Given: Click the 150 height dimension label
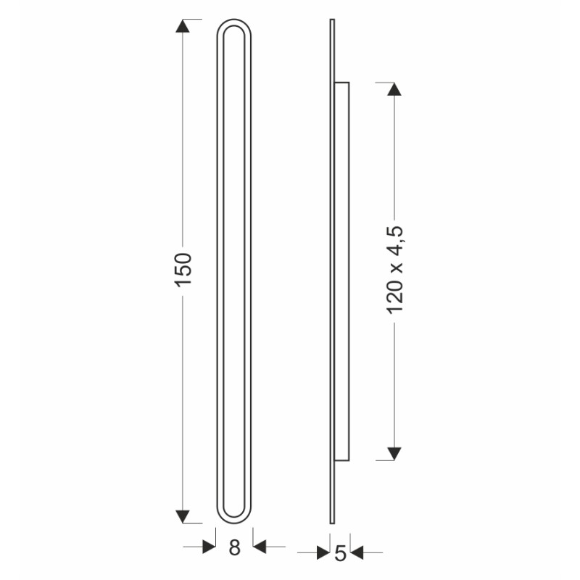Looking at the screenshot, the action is pos(183,269).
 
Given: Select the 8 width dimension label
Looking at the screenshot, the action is pos(234,547).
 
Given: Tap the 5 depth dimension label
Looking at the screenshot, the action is pos(340,554).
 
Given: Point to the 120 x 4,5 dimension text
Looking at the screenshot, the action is pos(394,270).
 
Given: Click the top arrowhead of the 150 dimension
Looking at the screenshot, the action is pos(183,26).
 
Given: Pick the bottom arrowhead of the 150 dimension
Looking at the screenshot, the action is pos(183,516).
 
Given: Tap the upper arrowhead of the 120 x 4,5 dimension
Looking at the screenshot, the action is pos(394,89).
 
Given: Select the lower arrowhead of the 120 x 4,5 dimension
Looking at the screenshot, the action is pos(394,454).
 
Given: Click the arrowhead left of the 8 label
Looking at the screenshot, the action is pos(209,547).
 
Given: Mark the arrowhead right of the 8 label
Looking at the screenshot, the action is pos(260,547).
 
